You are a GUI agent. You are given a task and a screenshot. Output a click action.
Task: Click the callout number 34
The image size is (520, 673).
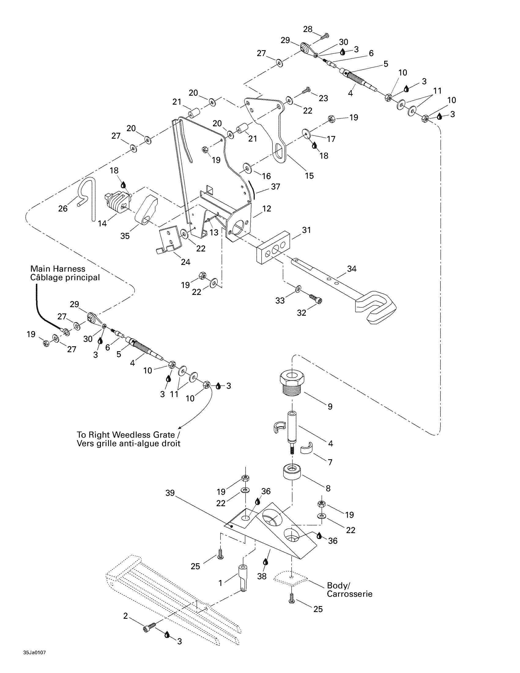pos(351,269)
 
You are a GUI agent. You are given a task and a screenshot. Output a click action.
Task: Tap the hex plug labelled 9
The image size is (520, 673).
pos(292,383)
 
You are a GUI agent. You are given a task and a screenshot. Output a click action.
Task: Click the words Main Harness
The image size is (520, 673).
pos(58,269)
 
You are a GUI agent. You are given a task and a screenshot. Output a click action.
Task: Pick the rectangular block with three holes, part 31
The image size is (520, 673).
pos(273,247)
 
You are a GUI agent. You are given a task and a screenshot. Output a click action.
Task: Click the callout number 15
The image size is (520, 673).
pos(309,176)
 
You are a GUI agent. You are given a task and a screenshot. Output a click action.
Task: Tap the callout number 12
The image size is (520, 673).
pos(266,209)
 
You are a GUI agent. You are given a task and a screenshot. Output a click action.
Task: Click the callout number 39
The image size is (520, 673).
pos(170,493)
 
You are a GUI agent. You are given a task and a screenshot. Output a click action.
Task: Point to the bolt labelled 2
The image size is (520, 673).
pos(149,627)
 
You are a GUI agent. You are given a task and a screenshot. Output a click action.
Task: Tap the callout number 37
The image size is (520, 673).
pos(275,186)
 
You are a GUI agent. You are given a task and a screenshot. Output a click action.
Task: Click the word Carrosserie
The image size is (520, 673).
pos(349,594)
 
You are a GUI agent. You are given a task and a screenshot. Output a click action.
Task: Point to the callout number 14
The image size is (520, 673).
pos(102,223)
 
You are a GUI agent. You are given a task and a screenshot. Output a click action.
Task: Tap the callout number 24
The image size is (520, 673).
pos(185,262)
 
